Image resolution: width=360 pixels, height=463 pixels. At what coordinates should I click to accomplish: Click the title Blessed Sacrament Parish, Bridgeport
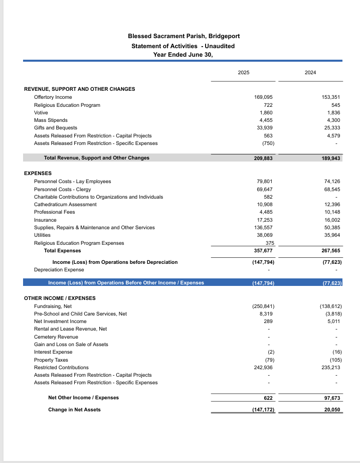[x=184, y=36]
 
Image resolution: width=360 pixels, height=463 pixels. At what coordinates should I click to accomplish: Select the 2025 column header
[x=244, y=73]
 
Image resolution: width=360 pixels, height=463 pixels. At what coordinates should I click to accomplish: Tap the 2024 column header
[x=310, y=73]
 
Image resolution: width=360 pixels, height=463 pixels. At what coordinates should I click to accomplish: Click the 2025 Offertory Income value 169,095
[x=264, y=97]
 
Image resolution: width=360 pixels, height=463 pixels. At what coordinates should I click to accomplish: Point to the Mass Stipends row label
[x=51, y=120]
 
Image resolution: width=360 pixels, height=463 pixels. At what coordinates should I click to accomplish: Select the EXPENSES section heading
[x=38, y=174]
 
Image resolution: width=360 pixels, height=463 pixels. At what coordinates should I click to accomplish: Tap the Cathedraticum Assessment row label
[x=65, y=204]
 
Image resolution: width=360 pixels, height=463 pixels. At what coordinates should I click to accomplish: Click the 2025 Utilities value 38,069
[x=265, y=235]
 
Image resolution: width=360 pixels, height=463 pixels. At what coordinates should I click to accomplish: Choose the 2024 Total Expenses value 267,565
[x=331, y=250]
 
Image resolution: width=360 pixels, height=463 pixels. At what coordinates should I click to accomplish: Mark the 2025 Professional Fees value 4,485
[x=266, y=212]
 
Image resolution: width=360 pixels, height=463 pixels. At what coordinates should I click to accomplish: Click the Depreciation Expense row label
[x=59, y=270]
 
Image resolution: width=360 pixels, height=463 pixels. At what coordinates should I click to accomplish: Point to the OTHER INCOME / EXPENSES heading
[x=60, y=298]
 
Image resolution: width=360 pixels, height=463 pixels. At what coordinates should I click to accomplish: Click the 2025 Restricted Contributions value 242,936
[x=263, y=367]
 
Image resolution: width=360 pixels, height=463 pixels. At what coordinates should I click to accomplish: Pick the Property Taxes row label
[x=51, y=360]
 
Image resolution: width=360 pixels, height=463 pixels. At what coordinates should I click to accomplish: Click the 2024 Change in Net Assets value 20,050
[x=332, y=410]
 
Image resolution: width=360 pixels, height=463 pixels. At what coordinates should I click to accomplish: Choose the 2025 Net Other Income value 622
[x=268, y=398]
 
